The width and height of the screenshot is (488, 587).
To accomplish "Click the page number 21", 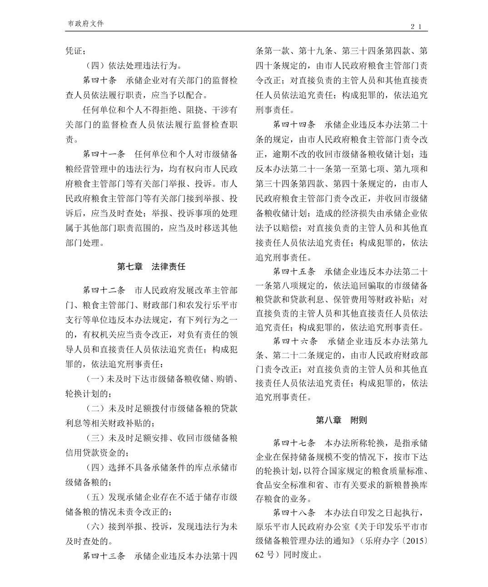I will (417, 27).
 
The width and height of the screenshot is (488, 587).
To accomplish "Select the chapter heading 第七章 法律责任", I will (151, 267).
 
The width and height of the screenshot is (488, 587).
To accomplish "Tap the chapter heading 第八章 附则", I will (341, 420).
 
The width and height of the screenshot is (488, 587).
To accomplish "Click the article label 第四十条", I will (99, 80).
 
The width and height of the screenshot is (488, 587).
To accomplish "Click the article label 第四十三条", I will (103, 556).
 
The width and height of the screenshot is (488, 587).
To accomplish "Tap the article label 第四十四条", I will (294, 124).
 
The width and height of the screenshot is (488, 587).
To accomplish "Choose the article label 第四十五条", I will (294, 272).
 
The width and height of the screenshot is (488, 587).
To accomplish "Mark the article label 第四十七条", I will (294, 443).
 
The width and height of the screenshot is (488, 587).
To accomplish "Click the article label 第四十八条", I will (294, 513).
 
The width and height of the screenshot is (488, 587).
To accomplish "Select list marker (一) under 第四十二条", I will (95, 378).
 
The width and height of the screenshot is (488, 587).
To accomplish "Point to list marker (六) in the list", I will (95, 527).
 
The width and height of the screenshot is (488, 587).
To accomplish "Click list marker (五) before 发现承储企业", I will (95, 497).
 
